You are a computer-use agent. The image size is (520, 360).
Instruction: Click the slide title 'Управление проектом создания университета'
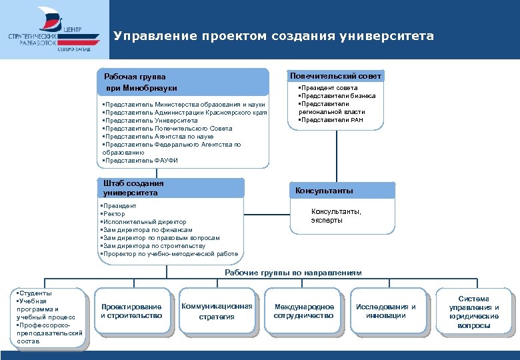(273, 36)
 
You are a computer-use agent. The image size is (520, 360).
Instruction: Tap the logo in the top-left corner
(55, 29)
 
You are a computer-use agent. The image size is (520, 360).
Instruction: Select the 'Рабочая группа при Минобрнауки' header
(140, 82)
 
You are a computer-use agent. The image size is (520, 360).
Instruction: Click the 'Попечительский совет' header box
(335, 76)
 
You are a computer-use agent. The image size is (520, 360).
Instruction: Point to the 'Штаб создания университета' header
(133, 188)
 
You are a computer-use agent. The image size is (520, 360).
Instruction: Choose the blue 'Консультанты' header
(324, 191)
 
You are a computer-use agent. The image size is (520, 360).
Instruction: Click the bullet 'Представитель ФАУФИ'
(141, 160)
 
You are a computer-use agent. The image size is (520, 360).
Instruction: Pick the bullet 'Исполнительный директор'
(144, 222)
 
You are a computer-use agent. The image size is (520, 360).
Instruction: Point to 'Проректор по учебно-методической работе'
(169, 254)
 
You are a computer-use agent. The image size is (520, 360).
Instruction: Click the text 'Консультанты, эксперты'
(336, 216)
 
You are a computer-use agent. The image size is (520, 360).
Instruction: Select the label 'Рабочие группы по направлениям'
(293, 273)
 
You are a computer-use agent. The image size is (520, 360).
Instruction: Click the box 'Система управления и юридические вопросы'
(474, 312)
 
